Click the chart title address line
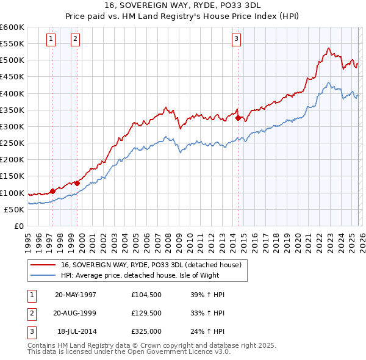pos(182,5)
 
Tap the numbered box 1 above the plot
pos(50,40)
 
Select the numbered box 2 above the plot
pos(75,40)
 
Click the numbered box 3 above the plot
pos(236,40)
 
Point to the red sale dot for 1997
pos(52,191)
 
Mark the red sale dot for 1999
pos(77,182)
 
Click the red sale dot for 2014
pos(238,118)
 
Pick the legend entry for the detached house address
pos(151,265)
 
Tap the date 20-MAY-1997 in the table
pos(76,295)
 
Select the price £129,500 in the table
pos(146,313)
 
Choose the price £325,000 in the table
pos(146,331)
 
